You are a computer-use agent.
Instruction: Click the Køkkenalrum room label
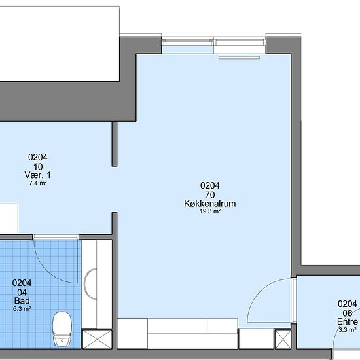210,204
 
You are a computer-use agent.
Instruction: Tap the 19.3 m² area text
210,211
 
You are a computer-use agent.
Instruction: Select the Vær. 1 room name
38,175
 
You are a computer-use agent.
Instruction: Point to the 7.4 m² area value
38,183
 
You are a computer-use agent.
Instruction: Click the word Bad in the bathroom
22,301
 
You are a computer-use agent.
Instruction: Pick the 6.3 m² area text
22,309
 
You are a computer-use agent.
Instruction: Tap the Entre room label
348,321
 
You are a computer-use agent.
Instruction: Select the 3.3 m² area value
348,330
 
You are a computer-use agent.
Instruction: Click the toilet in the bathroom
62,329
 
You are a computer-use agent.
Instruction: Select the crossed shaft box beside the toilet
97,339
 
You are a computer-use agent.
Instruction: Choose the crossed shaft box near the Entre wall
283,338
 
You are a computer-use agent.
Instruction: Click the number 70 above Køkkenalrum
210,195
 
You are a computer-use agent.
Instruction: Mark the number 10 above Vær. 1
38,167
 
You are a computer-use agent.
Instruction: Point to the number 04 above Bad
22,293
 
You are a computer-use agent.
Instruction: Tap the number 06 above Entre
348,313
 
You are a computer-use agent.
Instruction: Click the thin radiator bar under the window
239,58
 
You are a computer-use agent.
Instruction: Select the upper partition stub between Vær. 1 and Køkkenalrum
115,144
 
